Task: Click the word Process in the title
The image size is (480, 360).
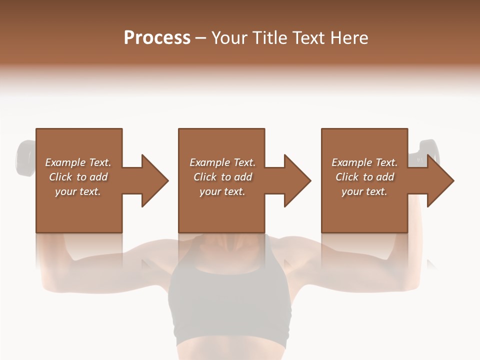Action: pyautogui.click(x=157, y=38)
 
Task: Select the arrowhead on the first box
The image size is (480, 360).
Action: pyautogui.click(x=152, y=180)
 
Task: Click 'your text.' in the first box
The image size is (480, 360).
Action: pyautogui.click(x=78, y=191)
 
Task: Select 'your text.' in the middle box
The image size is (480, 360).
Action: pyautogui.click(x=222, y=191)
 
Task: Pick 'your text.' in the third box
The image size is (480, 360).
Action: pyautogui.click(x=364, y=191)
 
